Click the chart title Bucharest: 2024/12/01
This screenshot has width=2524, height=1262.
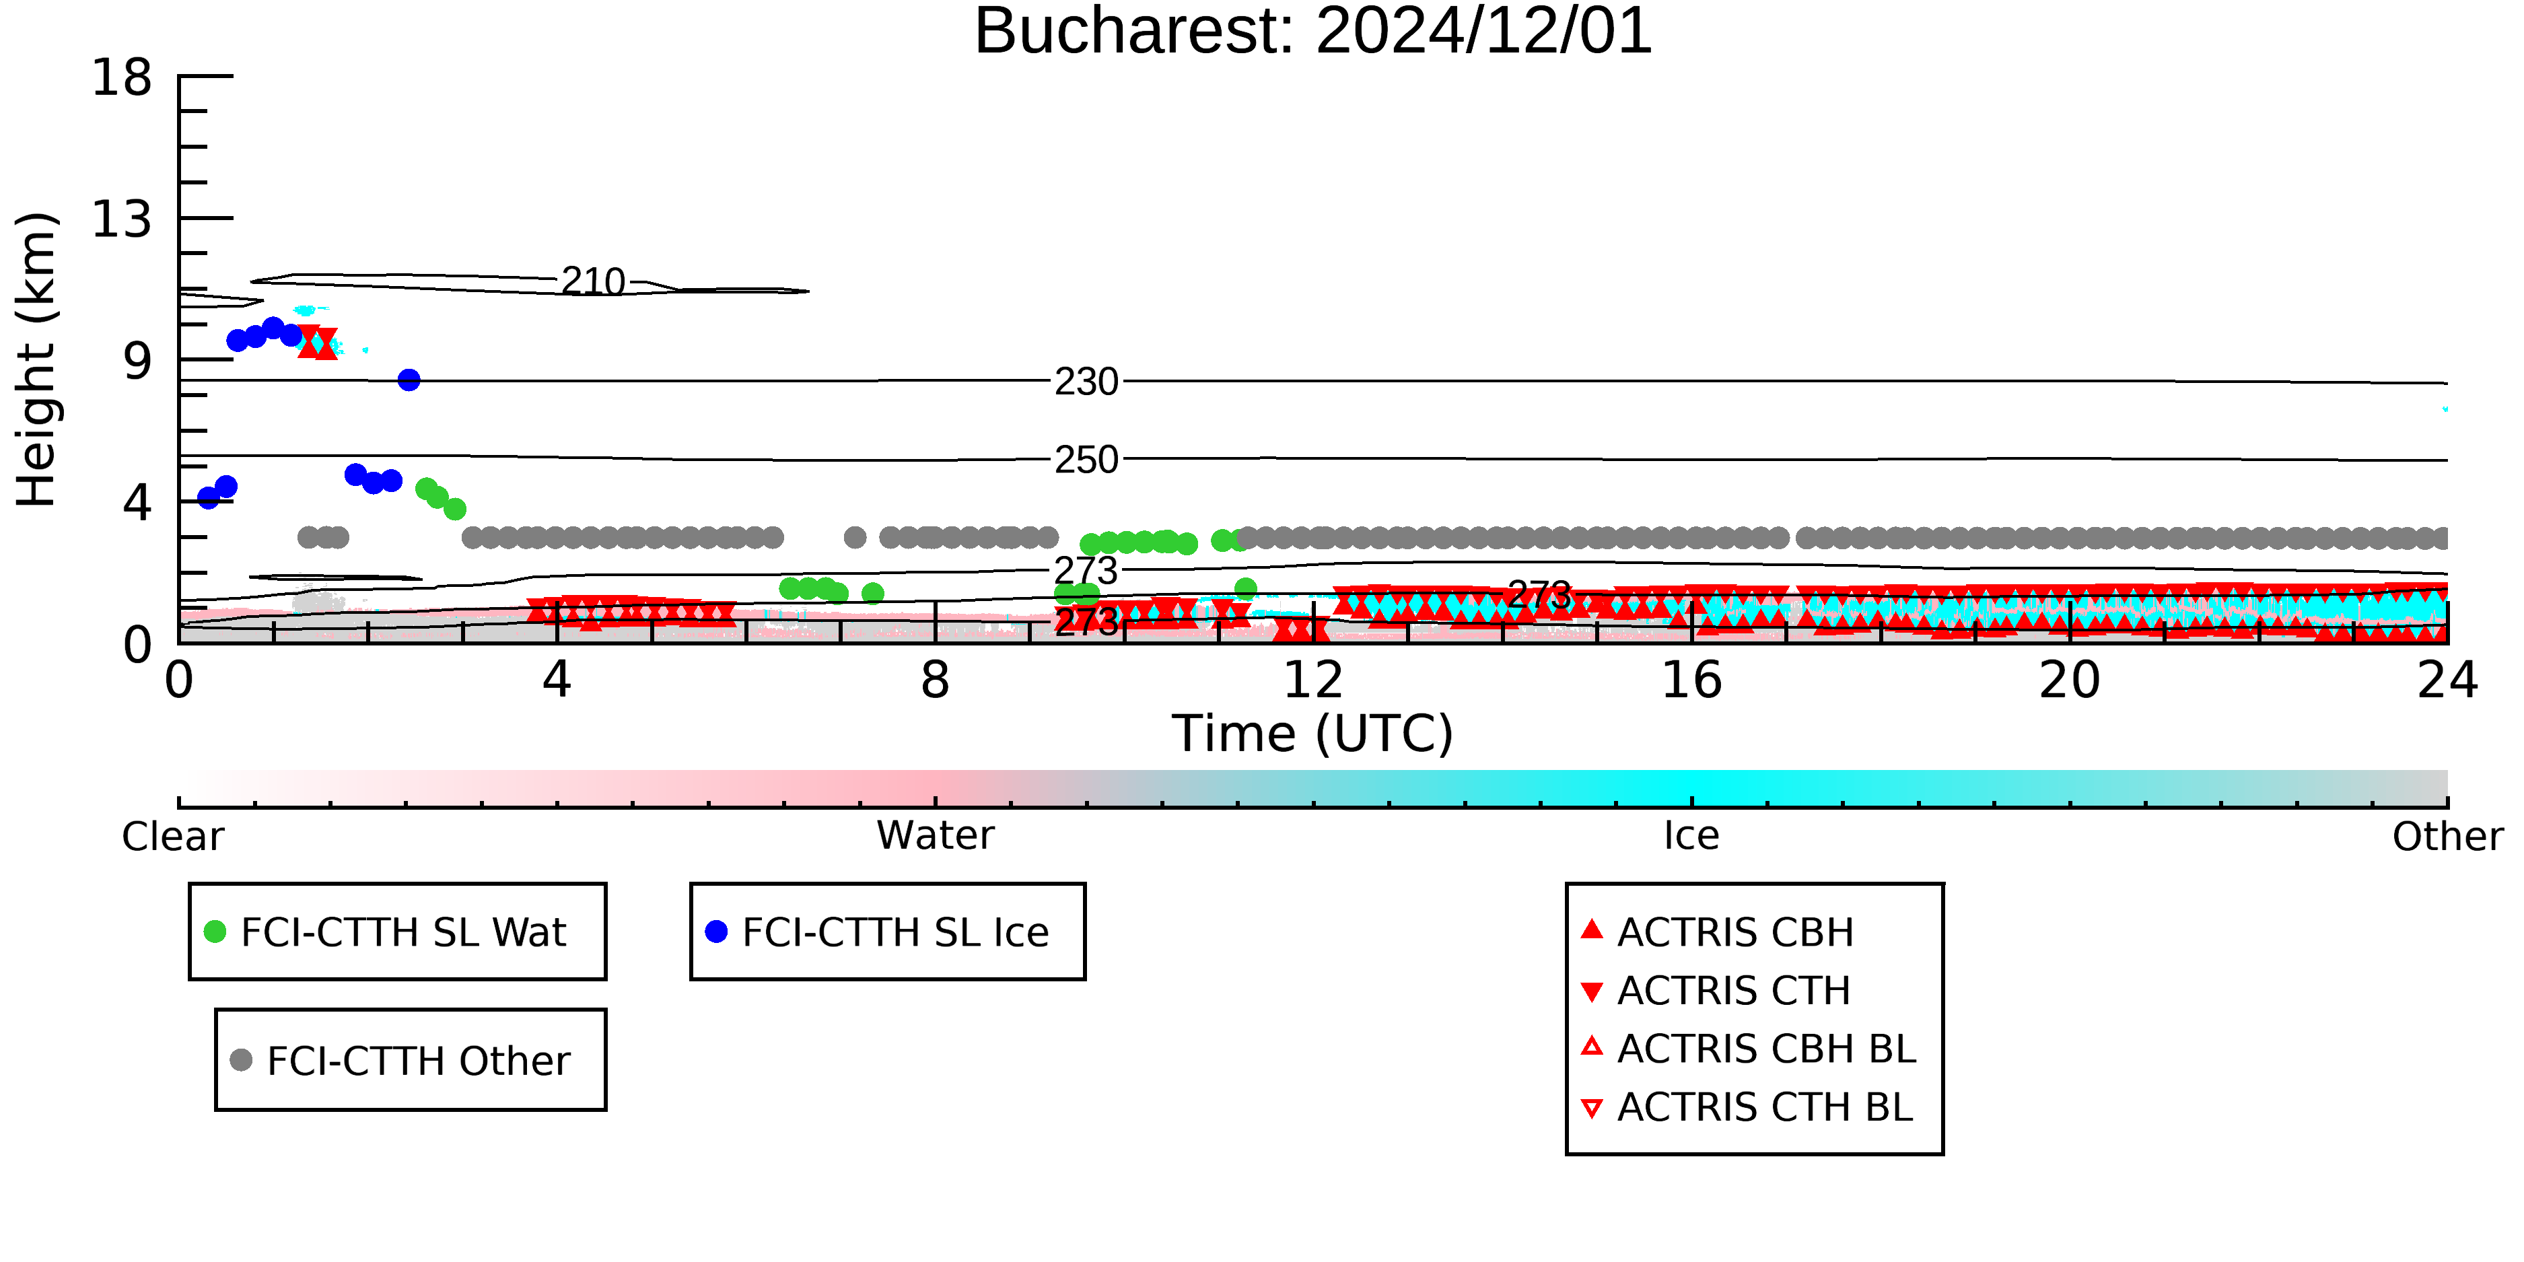[1313, 32]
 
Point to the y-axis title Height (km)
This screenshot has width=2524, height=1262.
[36, 359]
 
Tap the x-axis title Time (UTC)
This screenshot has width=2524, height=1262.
[1313, 734]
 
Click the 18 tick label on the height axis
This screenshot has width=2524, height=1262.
[122, 77]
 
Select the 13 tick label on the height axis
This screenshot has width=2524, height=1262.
[122, 219]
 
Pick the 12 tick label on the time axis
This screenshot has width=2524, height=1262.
[1313, 680]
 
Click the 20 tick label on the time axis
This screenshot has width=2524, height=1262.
[2070, 680]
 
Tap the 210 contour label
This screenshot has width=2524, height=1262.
[593, 282]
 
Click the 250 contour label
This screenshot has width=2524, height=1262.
[1086, 460]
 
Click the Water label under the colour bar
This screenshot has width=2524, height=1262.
[936, 836]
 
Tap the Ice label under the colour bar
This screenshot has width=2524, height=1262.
[1691, 836]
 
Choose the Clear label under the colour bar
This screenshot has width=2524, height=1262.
[172, 837]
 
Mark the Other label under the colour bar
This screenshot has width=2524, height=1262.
[2447, 837]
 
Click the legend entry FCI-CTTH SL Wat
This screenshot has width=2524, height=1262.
[386, 932]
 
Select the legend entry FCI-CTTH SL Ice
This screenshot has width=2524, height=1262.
[878, 932]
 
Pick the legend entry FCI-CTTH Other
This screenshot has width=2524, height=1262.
[400, 1060]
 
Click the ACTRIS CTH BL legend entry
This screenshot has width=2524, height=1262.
[1748, 1107]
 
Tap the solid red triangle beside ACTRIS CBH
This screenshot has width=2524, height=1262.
[1592, 929]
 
